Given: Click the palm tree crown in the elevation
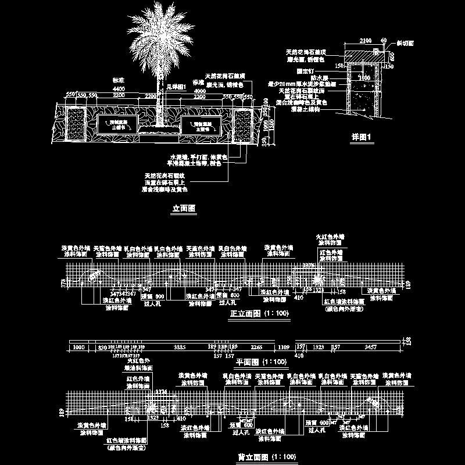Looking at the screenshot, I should point(158,35).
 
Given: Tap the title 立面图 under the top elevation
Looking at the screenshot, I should point(184,208).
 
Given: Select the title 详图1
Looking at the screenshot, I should point(361,138).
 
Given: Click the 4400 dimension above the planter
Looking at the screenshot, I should point(120,88).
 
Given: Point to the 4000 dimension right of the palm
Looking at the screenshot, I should point(199,91).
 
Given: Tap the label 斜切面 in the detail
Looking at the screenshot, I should point(405,44).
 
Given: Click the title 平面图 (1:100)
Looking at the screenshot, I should point(262,362).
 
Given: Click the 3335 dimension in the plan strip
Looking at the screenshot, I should point(180,347).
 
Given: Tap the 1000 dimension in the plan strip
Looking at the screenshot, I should point(78,347).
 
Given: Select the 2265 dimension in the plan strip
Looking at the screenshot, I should point(256,347).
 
